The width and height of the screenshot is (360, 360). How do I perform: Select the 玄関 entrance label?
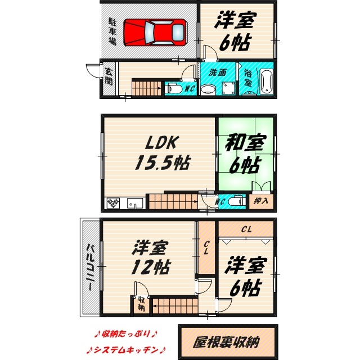[x=108, y=76]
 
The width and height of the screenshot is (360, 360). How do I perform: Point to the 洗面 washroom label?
[x=218, y=73]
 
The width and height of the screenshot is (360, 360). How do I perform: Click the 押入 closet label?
[x=261, y=200]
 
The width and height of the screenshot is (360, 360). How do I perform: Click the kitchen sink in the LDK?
[x=134, y=202]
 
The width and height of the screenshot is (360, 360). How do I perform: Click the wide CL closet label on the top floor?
[x=246, y=229]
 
